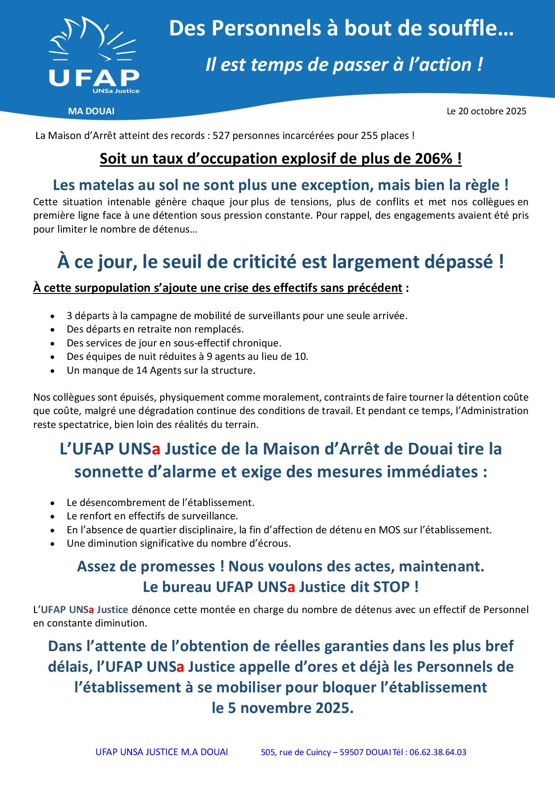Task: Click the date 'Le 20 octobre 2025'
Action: [486, 111]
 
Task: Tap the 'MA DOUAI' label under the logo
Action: [91, 111]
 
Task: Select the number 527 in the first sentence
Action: [221, 135]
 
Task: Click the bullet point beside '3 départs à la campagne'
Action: [53, 316]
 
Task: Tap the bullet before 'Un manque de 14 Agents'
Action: [53, 371]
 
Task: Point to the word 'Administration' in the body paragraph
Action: [497, 410]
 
